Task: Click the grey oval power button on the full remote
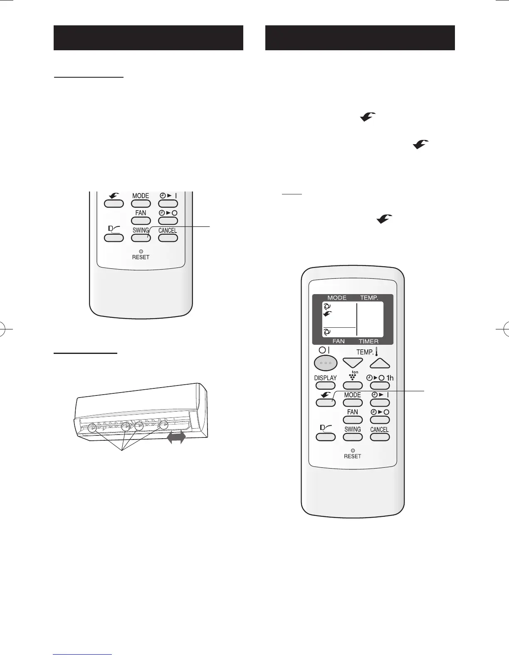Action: pos(325,363)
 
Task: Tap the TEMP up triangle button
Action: pos(380,363)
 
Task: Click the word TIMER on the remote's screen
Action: pos(369,353)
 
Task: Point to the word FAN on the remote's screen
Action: pos(338,353)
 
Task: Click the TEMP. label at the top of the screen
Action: pos(369,298)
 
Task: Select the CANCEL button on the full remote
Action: pos(379,437)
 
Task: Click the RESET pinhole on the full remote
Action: pos(352,450)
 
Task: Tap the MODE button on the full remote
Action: pos(353,403)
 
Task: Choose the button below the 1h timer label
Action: pos(380,386)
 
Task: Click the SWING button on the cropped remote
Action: pos(141,238)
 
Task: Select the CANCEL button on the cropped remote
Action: pos(168,238)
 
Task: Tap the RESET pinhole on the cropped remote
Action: pos(141,251)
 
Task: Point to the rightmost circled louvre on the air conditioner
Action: pos(164,425)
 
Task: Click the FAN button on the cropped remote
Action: pos(141,221)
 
